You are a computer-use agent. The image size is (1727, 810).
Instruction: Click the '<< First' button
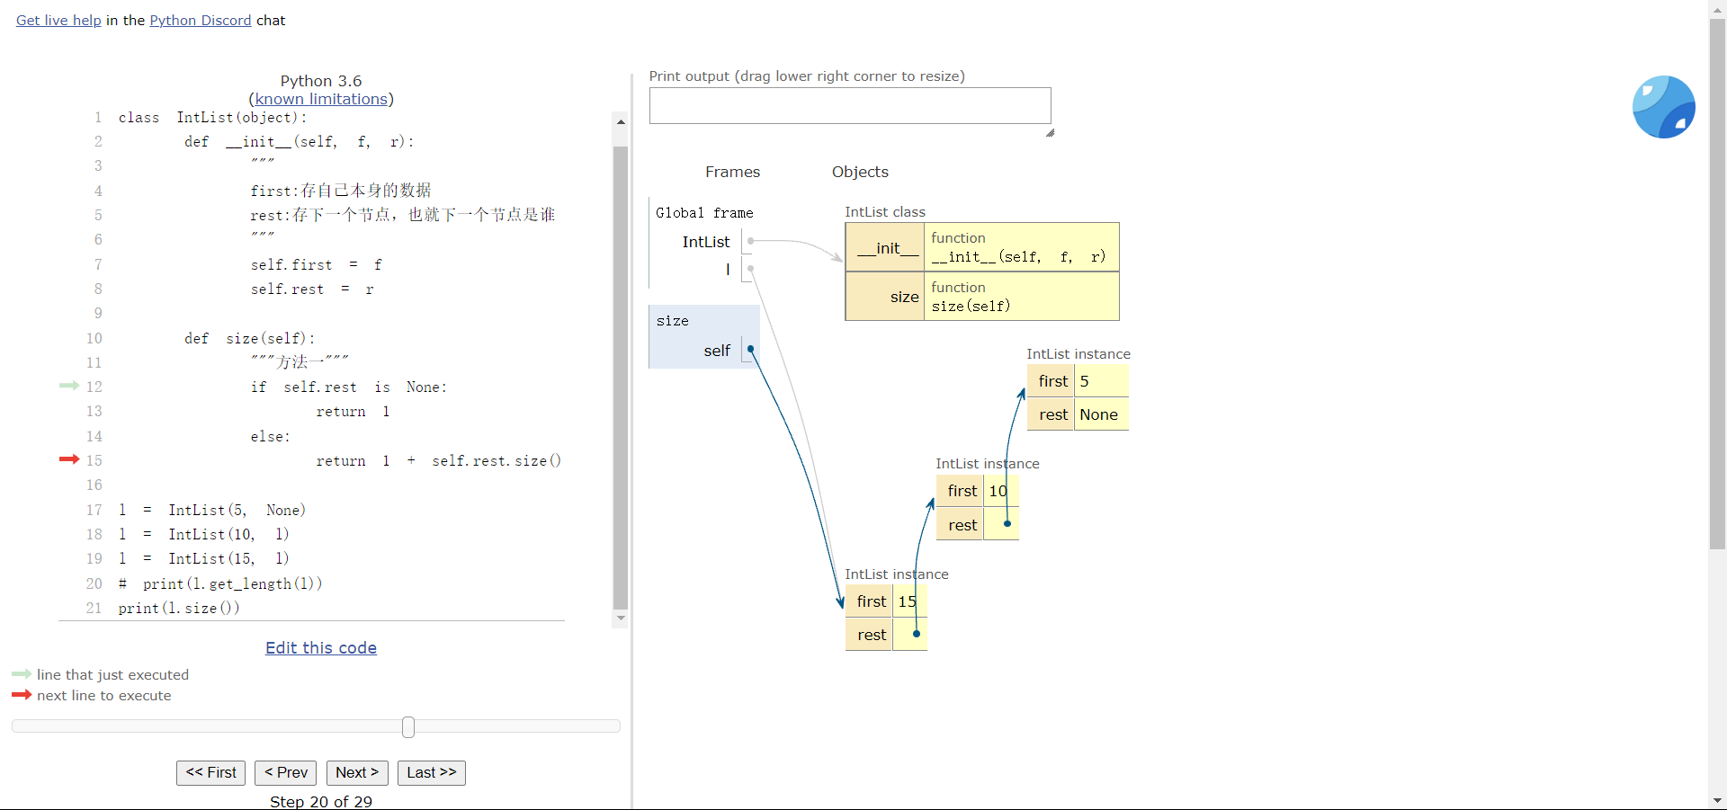[x=210, y=773]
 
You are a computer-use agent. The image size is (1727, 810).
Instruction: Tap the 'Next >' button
[x=357, y=773]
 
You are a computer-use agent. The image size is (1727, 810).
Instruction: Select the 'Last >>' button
[x=432, y=773]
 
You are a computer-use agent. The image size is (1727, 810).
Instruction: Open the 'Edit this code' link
[x=321, y=648]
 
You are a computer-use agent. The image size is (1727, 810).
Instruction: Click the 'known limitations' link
[x=321, y=99]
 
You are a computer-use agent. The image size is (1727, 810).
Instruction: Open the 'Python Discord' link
[x=201, y=21]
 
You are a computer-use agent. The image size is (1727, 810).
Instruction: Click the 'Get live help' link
[x=58, y=21]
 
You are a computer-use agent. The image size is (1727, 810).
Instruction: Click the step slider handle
[x=408, y=726]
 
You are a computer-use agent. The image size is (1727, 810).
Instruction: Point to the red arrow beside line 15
[x=69, y=459]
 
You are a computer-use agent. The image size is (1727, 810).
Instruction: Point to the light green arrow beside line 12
[x=69, y=386]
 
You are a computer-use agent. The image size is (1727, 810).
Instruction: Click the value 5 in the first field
[x=1085, y=381]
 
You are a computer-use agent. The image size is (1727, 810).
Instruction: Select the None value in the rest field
[x=1099, y=414]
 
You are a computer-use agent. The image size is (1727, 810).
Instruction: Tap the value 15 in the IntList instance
[x=908, y=601]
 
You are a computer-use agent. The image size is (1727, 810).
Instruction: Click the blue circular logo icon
[x=1664, y=107]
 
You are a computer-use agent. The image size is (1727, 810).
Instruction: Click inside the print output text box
[x=850, y=106]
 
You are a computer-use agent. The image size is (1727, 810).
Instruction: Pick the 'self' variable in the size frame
[x=717, y=351]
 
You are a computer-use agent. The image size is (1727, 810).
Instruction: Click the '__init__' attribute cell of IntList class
[x=888, y=247]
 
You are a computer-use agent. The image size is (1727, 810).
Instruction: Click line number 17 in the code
[x=94, y=510]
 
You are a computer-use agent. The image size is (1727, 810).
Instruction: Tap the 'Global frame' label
[x=704, y=213]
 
